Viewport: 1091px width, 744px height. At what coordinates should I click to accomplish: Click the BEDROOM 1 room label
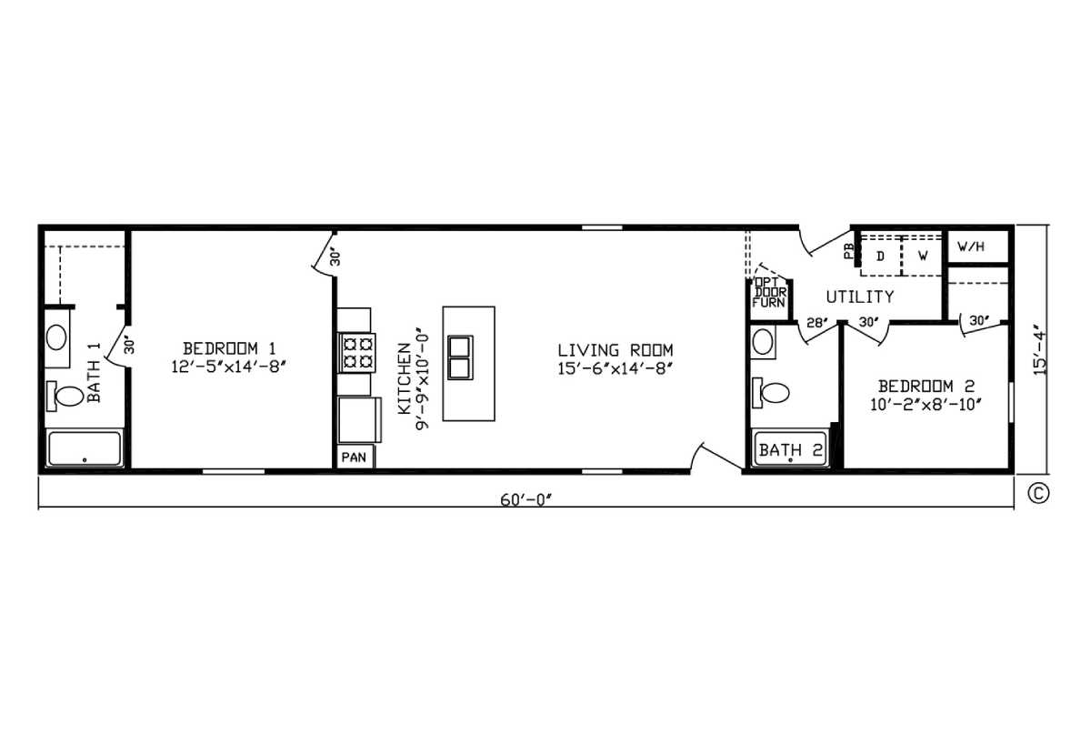tap(229, 349)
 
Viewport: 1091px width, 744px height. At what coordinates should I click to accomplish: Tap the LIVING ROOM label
tap(616, 350)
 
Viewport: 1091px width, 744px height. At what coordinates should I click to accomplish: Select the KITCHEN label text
tap(405, 378)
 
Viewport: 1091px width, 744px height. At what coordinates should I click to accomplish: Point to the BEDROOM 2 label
tap(926, 387)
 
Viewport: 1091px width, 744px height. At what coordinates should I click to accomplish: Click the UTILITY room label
tap(860, 297)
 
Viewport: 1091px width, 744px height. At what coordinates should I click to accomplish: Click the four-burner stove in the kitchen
tap(357, 353)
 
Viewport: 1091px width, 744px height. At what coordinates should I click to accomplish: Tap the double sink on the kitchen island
tap(460, 357)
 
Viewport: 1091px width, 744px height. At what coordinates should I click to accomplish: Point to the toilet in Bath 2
tap(771, 392)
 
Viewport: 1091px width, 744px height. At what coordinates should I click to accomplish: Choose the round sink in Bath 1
tap(56, 337)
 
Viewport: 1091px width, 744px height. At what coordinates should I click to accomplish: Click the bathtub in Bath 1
tap(85, 447)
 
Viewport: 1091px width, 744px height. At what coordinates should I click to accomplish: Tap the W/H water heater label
tap(971, 246)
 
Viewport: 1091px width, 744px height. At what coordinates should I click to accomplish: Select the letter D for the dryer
tap(880, 256)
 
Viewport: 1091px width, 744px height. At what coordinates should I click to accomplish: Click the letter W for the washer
tap(923, 256)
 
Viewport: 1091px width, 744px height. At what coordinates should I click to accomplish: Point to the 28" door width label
tap(816, 323)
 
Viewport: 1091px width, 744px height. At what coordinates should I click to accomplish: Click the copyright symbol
tap(1038, 494)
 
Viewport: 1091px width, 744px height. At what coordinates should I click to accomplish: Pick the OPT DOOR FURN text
tap(769, 292)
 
